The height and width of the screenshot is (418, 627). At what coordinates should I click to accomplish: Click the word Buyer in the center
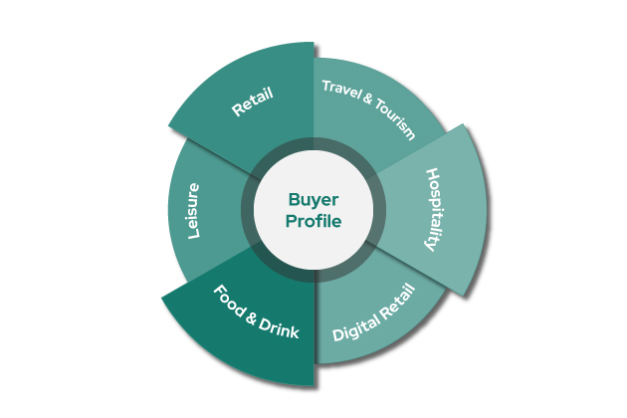[x=313, y=199]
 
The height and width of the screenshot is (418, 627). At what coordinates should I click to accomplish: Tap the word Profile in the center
[x=313, y=221]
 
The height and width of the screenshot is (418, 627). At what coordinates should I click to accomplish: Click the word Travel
[x=340, y=90]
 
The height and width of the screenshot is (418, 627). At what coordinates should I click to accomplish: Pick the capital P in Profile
[x=292, y=221]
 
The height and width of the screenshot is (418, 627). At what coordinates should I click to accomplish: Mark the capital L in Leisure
[x=195, y=234]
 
